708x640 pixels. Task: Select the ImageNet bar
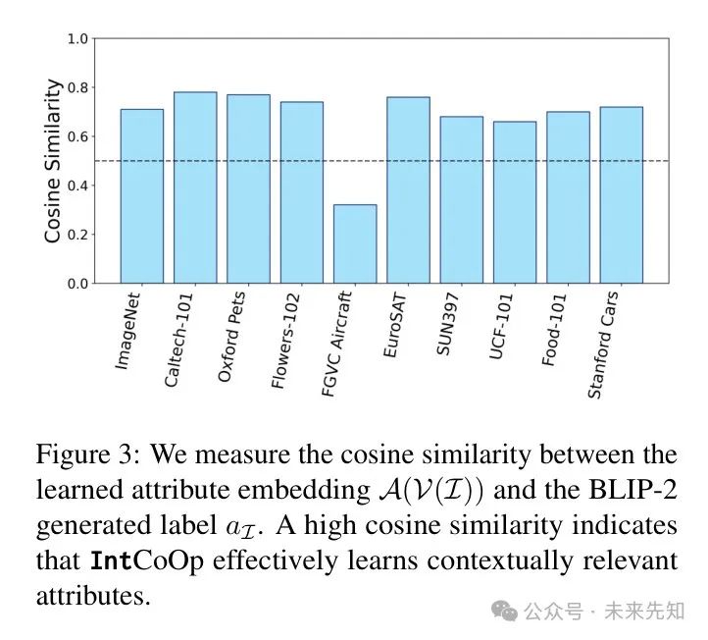tap(141, 196)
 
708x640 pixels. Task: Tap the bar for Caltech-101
tap(194, 187)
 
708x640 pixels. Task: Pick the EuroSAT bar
tap(407, 190)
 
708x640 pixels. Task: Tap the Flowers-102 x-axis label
tap(288, 340)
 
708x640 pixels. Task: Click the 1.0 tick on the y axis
tap(77, 39)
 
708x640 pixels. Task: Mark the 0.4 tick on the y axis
tap(77, 186)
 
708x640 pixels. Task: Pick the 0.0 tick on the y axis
tap(77, 284)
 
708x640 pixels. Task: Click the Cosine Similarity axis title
tap(54, 160)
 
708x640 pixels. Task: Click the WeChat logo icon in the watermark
tap(505, 611)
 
